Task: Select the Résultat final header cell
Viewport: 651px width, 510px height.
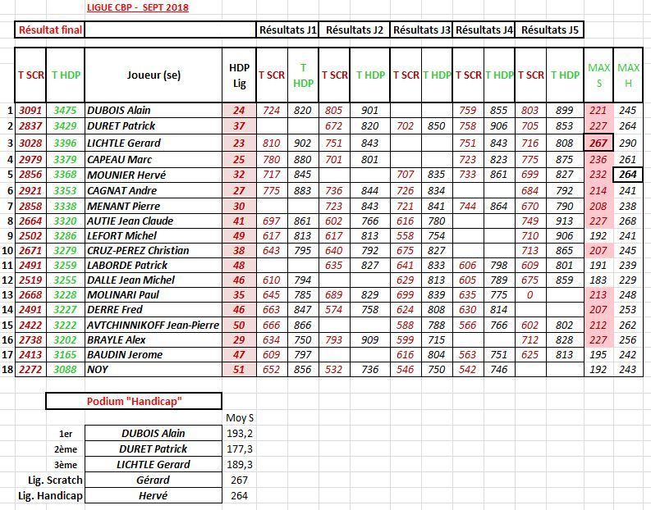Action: [x=49, y=30]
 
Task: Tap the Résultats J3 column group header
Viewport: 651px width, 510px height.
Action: [x=421, y=30]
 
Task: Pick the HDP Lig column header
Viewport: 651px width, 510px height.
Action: [x=238, y=75]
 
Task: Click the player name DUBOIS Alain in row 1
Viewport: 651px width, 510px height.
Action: [x=119, y=110]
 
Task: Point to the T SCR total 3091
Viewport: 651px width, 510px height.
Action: [x=30, y=110]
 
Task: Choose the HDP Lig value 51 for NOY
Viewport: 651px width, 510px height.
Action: [x=238, y=370]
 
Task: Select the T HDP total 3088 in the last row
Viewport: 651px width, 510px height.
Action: [x=66, y=370]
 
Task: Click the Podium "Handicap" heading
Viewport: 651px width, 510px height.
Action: [x=133, y=402]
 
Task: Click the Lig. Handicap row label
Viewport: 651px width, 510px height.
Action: [x=50, y=495]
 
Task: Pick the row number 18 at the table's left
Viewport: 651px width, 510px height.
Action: [x=8, y=370]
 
